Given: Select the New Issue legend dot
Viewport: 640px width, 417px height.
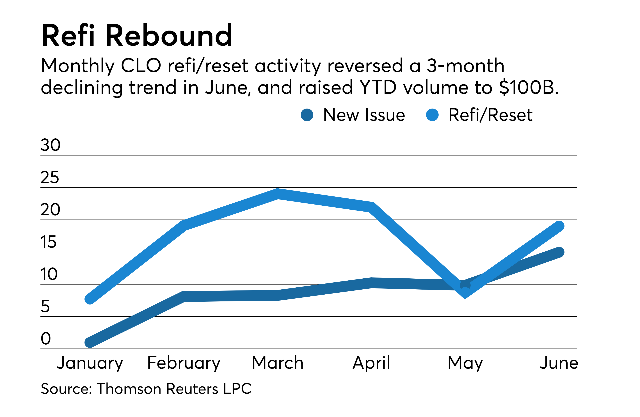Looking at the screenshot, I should click(x=307, y=115).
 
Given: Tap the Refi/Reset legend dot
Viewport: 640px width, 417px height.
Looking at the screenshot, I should click(x=432, y=115).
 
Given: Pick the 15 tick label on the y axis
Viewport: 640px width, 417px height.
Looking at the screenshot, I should click(x=48, y=242).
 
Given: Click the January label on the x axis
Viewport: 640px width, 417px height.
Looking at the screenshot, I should click(x=90, y=363).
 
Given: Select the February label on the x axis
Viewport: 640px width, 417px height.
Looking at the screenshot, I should click(x=184, y=363).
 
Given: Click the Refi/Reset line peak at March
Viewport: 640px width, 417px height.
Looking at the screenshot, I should click(x=278, y=194).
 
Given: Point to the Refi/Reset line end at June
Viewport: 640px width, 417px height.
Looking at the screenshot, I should click(x=559, y=226).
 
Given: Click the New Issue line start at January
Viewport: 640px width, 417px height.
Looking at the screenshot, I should click(x=90, y=343).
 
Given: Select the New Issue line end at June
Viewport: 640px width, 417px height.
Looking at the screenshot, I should click(x=559, y=252).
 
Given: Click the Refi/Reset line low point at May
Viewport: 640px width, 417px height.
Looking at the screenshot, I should click(x=465, y=293).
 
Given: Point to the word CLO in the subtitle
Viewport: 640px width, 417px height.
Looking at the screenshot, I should click(x=141, y=66).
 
